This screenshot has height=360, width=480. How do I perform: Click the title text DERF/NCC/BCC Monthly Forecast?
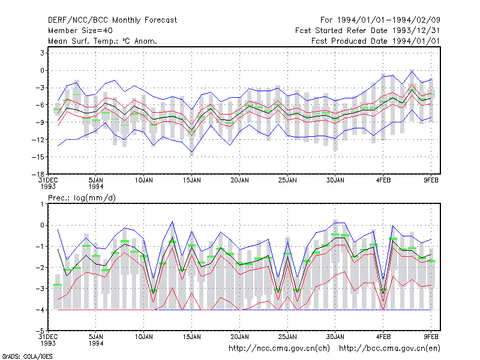point(112,20)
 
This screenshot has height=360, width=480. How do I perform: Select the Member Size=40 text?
point(80,31)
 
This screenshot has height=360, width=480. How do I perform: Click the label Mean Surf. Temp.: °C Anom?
point(102,41)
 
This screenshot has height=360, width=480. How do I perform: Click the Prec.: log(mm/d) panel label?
point(82,198)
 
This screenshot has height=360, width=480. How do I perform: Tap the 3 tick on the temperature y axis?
point(42,53)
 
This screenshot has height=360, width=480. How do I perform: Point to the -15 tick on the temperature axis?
point(38,157)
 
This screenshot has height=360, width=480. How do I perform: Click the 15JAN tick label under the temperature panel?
point(192,181)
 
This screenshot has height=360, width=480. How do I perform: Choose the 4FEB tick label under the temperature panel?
point(383,181)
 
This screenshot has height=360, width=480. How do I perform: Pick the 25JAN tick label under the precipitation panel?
point(287,337)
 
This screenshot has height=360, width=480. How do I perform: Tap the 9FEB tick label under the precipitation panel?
point(431,337)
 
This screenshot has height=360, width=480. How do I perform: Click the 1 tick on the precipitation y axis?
point(43,204)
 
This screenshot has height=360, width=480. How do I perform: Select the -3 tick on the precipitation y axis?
point(40,289)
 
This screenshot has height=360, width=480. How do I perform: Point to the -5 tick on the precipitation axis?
point(40,331)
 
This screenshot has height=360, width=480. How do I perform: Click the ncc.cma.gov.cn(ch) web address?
point(279,349)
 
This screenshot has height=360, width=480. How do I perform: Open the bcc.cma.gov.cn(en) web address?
point(389,349)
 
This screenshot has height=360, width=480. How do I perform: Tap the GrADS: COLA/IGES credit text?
point(27,356)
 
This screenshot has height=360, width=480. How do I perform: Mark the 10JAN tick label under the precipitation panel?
point(144,337)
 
